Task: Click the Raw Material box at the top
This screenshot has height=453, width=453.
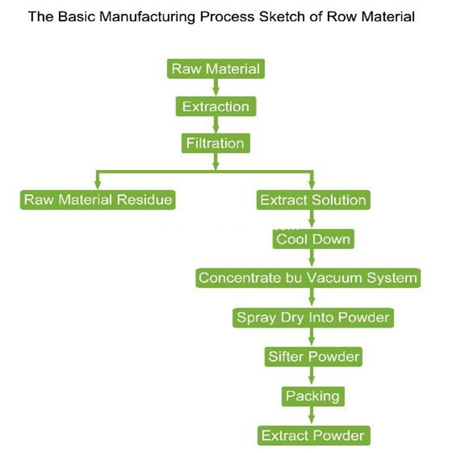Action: [216, 69]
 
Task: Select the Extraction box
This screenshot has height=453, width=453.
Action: [216, 107]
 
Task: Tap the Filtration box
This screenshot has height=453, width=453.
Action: [216, 144]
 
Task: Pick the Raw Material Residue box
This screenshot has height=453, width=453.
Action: [98, 200]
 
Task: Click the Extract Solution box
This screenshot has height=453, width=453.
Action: [313, 200]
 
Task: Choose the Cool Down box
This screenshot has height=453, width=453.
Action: [313, 239]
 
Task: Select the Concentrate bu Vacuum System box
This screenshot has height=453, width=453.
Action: [308, 278]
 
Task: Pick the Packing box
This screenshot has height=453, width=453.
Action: [312, 396]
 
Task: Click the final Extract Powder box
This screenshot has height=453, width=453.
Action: [312, 435]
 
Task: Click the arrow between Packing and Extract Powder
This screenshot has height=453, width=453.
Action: [312, 416]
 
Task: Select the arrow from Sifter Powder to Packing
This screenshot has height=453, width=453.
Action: [312, 377]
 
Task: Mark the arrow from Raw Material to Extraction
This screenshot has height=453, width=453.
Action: [216, 88]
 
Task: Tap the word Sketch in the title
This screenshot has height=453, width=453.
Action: [272, 16]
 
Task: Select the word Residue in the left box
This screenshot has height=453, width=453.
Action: [147, 200]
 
